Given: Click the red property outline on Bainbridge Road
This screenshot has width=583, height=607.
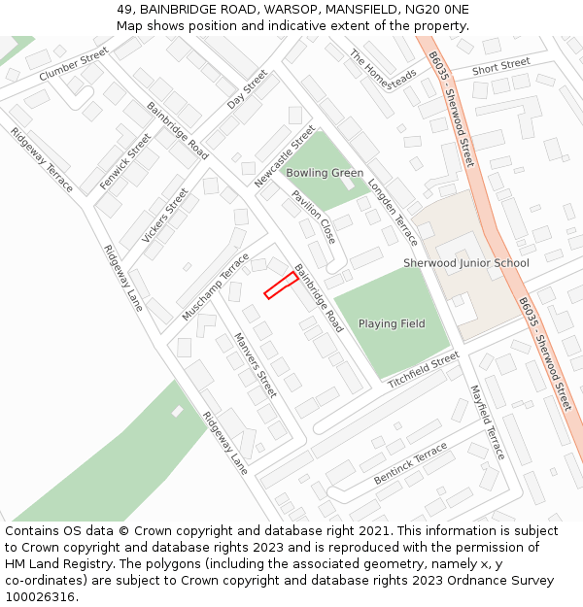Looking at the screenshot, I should (281, 285).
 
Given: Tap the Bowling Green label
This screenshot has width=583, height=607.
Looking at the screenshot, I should (325, 173).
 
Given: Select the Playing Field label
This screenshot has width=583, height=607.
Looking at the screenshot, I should (392, 323).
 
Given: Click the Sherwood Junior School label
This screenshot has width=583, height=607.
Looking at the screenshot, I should (466, 263).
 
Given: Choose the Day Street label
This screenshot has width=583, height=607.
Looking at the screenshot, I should (247, 89).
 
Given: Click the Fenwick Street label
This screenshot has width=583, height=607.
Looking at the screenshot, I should (125, 162).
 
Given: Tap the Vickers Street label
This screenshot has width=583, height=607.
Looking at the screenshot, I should (164, 216).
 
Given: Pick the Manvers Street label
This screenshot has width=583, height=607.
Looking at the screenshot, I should (256, 365).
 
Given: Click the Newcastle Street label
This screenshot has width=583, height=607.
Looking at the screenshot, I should (286, 156).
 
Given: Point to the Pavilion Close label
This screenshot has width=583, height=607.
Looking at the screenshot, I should (313, 217).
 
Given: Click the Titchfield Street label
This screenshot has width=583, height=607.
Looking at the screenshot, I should (424, 371).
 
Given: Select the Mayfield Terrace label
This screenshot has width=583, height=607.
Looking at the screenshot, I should (488, 422).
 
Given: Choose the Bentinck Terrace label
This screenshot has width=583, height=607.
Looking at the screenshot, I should (411, 464).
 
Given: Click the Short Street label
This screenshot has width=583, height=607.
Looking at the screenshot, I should (500, 66).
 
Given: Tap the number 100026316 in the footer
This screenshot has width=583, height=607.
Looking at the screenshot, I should (40, 596).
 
